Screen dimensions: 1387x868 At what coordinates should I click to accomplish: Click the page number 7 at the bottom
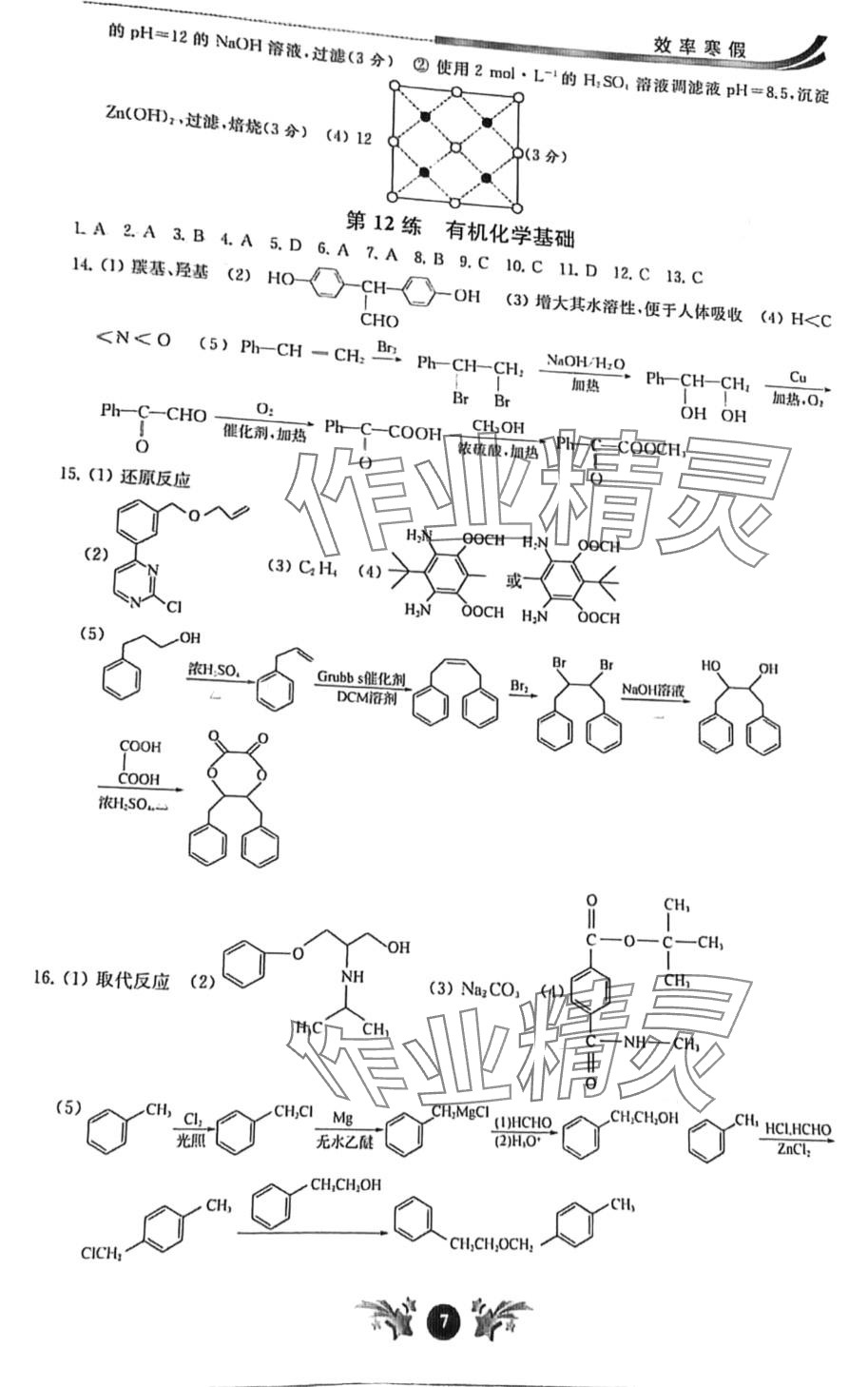(x=443, y=1320)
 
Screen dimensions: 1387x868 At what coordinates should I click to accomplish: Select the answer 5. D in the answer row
(x=284, y=245)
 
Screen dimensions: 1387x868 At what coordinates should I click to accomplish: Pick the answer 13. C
(x=685, y=277)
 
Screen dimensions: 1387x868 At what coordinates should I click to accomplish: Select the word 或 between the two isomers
(x=514, y=580)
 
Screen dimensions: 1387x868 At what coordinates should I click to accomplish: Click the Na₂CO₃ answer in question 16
(x=490, y=989)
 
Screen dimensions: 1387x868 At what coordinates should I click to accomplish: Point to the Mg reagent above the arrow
(x=343, y=1116)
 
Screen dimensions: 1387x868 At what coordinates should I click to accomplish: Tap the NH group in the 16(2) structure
(x=353, y=977)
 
